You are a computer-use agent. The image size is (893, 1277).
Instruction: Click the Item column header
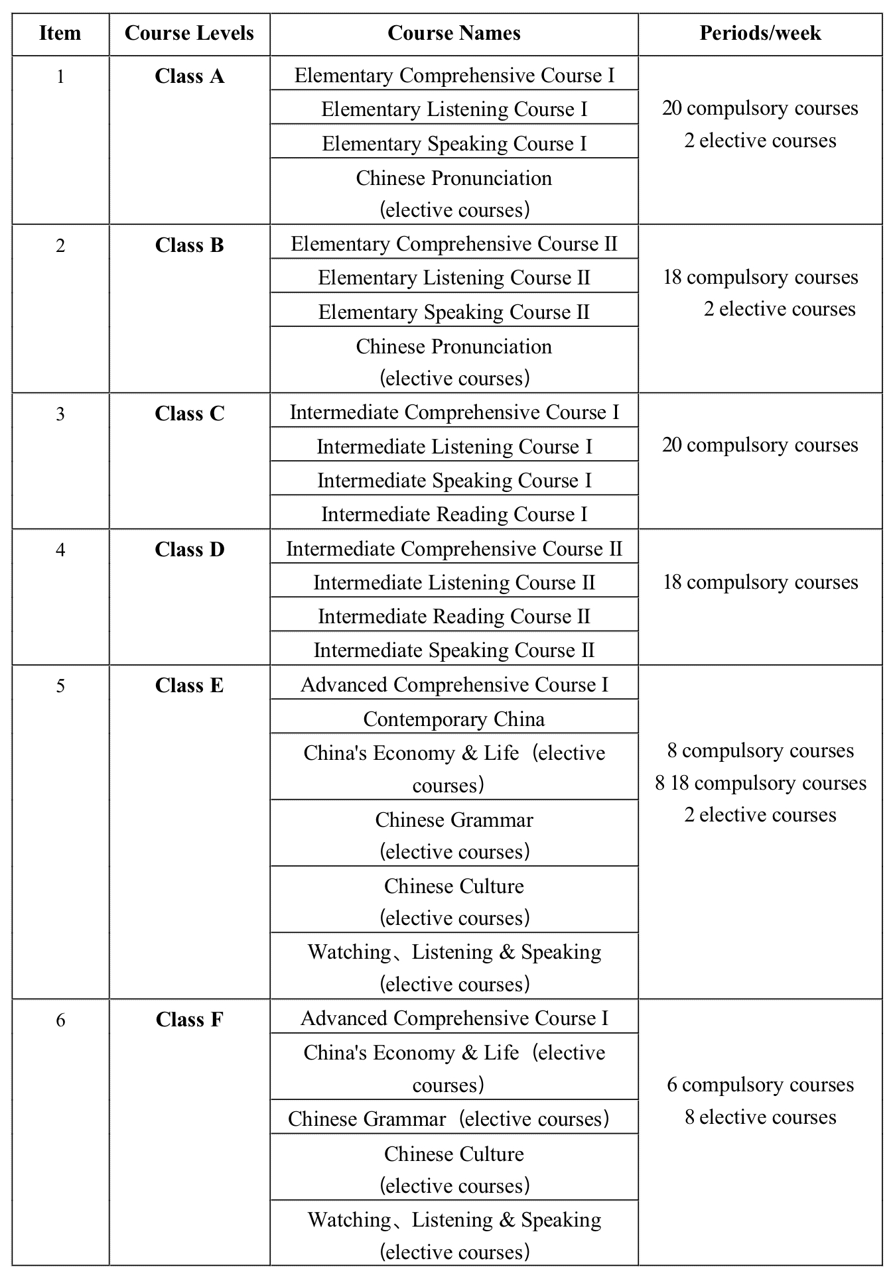point(60,33)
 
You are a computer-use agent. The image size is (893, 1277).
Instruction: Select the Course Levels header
point(189,33)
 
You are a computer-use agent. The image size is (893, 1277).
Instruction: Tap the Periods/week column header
point(760,33)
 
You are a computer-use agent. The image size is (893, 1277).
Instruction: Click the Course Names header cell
point(454,33)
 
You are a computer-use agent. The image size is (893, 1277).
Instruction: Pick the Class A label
point(189,77)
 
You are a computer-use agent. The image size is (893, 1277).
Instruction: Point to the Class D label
point(189,550)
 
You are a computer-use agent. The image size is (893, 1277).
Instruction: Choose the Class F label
point(189,1019)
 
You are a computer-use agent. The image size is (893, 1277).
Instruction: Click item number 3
point(60,414)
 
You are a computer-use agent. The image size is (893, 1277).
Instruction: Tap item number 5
point(60,686)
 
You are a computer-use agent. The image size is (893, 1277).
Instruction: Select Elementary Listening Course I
point(454,109)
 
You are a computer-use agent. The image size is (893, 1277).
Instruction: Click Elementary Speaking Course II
point(454,312)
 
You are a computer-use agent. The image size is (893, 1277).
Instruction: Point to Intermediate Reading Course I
point(454,515)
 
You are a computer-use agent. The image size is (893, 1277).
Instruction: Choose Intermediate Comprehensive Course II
point(454,549)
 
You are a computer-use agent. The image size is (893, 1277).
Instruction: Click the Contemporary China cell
point(454,719)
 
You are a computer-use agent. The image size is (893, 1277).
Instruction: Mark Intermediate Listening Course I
point(454,447)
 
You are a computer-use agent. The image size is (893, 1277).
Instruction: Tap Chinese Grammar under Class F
point(448,1119)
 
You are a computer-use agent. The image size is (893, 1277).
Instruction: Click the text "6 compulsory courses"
point(760,1085)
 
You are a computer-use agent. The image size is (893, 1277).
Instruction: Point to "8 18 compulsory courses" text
point(760,783)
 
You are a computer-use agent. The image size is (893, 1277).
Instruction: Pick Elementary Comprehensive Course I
point(454,76)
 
